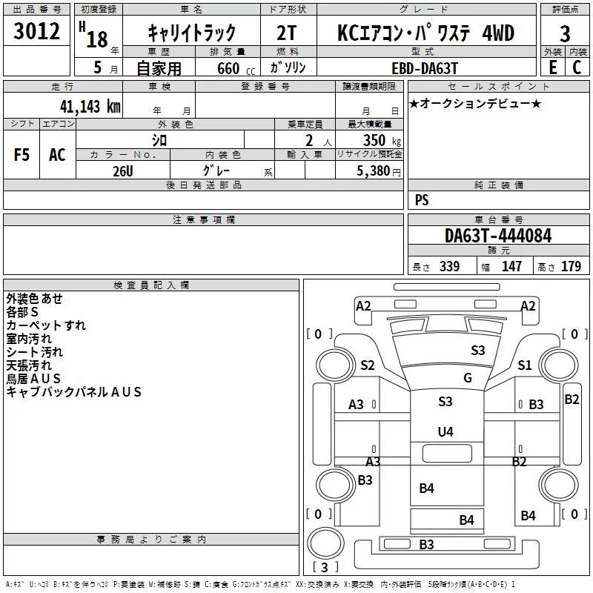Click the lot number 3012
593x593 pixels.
(x=36, y=31)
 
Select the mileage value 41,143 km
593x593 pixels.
(x=90, y=107)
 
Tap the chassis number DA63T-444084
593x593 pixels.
(x=498, y=236)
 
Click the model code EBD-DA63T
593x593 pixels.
(x=425, y=68)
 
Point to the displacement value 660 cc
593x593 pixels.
(x=236, y=69)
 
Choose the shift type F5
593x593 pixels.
(x=21, y=155)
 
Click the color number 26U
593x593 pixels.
(x=123, y=171)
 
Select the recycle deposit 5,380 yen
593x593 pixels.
(x=379, y=171)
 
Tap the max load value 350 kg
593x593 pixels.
(x=382, y=140)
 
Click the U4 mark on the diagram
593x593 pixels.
(x=445, y=431)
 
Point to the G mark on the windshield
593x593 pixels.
(x=468, y=378)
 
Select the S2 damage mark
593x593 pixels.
(x=367, y=365)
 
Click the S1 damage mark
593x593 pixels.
(x=525, y=365)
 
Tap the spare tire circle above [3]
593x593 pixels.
(x=325, y=543)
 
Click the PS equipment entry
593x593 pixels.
(x=422, y=199)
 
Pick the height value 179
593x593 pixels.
(x=571, y=266)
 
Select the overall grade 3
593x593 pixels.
(x=565, y=34)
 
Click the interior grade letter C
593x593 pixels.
(x=577, y=67)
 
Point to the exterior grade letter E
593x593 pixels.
(x=553, y=67)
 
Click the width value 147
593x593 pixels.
(x=511, y=266)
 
